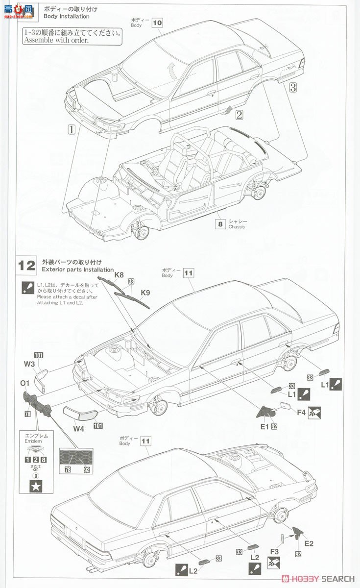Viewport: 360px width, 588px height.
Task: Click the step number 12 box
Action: (27, 266)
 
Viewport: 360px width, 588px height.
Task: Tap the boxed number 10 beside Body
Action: (157, 23)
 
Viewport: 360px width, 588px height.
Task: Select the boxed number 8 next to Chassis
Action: (220, 224)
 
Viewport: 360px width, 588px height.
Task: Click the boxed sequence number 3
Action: (292, 88)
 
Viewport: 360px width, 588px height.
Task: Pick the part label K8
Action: (119, 275)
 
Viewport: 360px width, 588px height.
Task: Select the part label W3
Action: (29, 364)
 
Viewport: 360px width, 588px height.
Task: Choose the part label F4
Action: (301, 413)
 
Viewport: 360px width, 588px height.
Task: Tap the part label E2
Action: (308, 543)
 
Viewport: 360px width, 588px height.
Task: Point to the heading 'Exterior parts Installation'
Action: (78, 269)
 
